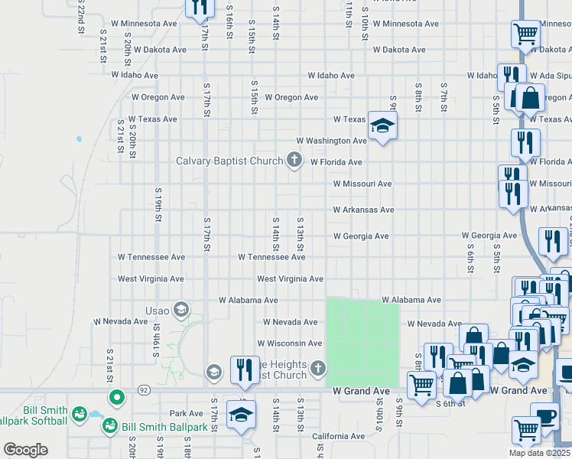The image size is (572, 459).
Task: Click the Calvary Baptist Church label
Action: click(230, 161)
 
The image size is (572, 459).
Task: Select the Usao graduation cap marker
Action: click(180, 310)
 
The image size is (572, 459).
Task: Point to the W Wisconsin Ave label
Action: click(289, 343)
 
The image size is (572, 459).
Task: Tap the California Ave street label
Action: click(339, 436)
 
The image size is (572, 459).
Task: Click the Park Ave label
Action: click(186, 413)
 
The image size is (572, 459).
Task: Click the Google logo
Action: click(25, 450)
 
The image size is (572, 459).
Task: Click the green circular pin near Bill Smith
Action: click(116, 397)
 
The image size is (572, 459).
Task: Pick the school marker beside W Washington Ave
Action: click(382, 125)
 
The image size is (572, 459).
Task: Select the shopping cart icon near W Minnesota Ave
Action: click(525, 34)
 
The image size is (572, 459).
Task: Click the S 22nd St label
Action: click(80, 17)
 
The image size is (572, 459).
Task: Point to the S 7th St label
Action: click(443, 96)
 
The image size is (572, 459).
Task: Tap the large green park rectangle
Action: click(362, 342)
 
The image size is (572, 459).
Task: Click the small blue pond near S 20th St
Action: click(78, 139)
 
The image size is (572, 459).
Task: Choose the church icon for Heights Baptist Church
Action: click(319, 370)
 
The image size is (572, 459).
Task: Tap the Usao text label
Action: click(158, 311)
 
